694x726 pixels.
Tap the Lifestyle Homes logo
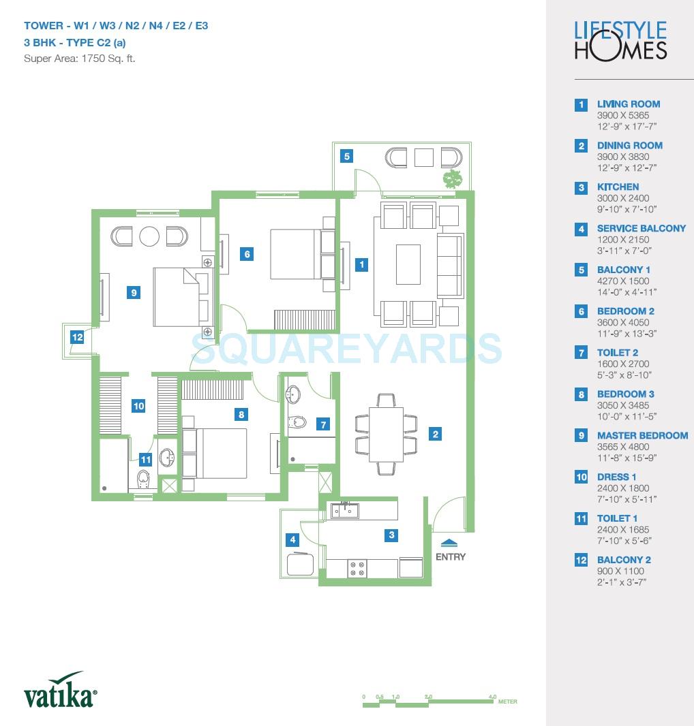[x=620, y=40]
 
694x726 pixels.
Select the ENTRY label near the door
[x=451, y=556]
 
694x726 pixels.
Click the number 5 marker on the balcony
[x=347, y=157]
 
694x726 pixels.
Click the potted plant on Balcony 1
[x=452, y=178]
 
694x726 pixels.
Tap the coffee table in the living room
[x=408, y=264]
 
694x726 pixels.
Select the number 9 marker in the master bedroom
[x=134, y=293]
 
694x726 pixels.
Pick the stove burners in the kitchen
[x=357, y=568]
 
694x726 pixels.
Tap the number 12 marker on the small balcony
[x=77, y=336]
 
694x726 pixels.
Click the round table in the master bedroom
[x=149, y=236]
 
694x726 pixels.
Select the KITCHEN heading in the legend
[x=618, y=187]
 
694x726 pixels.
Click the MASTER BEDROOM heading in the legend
[x=642, y=435]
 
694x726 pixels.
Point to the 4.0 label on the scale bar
[x=492, y=697]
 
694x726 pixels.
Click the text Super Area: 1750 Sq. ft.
[x=80, y=59]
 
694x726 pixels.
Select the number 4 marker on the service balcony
[x=293, y=540]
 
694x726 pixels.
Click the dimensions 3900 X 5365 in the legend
[x=623, y=115]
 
